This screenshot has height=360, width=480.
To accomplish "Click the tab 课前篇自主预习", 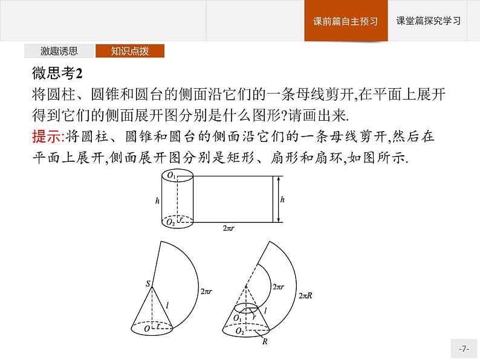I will point(345,21).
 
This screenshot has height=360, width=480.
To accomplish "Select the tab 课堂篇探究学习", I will point(428,21).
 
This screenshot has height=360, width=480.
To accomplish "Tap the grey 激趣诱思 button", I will point(59,51).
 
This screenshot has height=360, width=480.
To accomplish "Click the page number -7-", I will point(463,349).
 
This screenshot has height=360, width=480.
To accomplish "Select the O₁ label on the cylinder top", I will point(172,176).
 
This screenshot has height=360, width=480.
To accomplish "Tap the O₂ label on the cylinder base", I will point(172,223).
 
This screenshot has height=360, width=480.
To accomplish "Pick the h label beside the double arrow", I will point(283,199).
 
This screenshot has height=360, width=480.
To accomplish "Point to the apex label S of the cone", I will point(146,283).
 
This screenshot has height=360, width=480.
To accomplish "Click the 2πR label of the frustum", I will point(305,295).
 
